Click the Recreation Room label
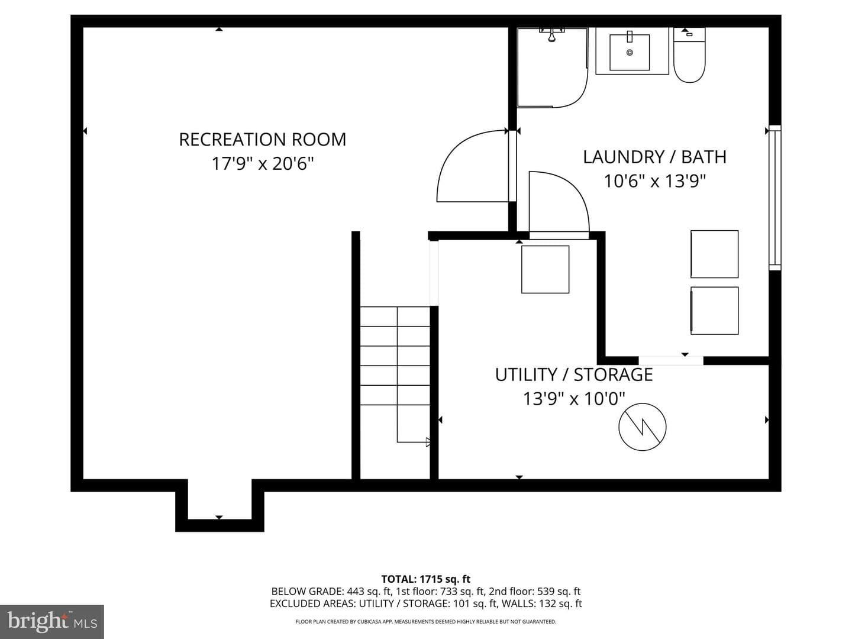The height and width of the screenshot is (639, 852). tap(262, 140)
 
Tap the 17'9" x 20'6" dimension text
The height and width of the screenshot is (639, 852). tap(262, 164)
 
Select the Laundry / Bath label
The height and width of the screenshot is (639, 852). tap(655, 157)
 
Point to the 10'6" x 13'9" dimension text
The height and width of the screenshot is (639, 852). tap(655, 181)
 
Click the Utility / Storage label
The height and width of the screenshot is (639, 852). tap(574, 375)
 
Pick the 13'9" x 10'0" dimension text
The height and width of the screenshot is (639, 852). tap(575, 398)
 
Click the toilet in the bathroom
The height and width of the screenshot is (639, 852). tap(689, 55)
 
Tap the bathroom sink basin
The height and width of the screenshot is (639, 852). tap(630, 53)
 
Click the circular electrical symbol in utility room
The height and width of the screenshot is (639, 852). tap(643, 427)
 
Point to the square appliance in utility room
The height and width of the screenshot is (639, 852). tap(545, 269)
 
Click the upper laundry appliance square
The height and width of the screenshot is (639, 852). tap(714, 254)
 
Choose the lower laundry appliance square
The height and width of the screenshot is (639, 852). tap(714, 311)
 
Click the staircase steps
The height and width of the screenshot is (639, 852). tap(395, 356)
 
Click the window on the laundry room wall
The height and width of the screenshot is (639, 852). tap(774, 198)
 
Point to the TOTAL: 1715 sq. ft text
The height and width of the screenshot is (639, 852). tap(426, 579)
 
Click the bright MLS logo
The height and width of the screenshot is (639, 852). tap(51, 621)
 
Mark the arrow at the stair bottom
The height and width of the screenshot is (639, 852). tap(428, 442)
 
